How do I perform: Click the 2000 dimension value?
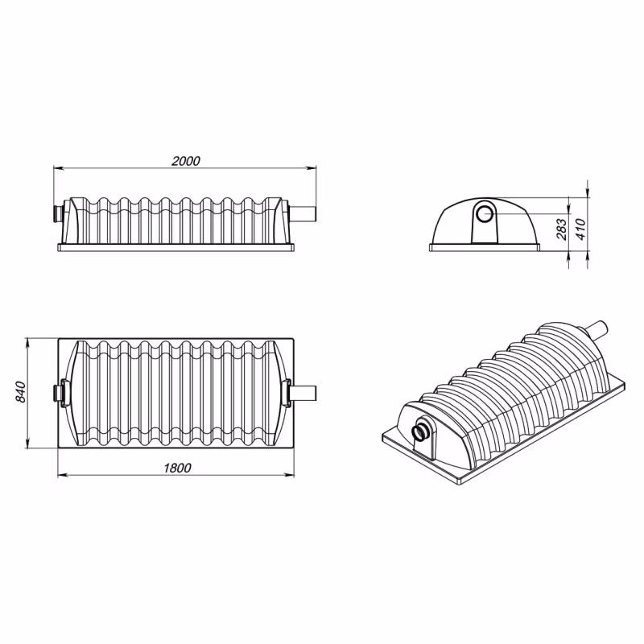click(x=186, y=161)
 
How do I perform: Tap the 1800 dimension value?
click(x=177, y=468)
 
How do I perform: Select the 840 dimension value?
click(x=21, y=392)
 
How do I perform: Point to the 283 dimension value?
click(x=561, y=229)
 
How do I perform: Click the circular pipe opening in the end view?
click(x=485, y=214)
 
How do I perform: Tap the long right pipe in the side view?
click(x=303, y=213)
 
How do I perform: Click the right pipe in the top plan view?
click(x=303, y=393)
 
